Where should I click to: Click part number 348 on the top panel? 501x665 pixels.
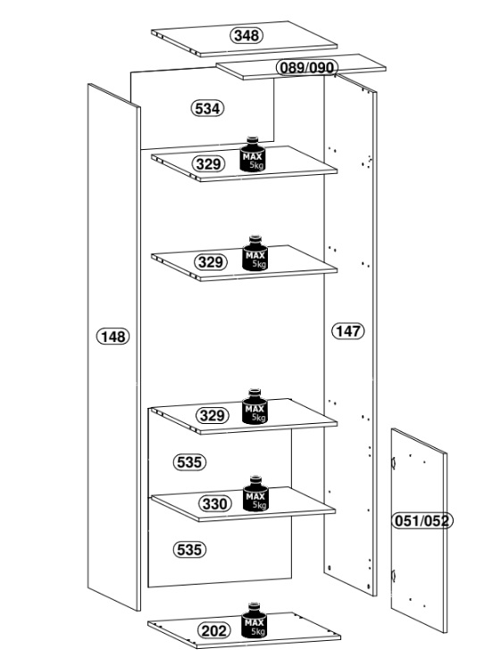pos(246,35)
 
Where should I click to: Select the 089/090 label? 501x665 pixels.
pos(307,67)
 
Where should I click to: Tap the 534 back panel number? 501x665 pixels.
pos(207,109)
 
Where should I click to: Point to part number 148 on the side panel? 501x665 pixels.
pos(113,337)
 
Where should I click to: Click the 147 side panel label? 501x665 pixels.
pos(348,331)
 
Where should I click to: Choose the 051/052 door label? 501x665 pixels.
pos(422,520)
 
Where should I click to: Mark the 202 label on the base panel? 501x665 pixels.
pos(214,631)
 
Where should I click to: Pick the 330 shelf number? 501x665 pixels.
pos(215,503)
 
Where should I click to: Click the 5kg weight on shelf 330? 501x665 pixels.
pos(255,494)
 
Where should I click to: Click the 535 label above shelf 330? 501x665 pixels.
pos(189,461)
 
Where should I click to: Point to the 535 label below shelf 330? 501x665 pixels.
pos(189,550)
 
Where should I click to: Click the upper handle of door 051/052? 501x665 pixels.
pos(393,462)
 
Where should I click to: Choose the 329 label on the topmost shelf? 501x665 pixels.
pos(208,163)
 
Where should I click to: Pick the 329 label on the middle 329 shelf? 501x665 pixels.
pos(211,262)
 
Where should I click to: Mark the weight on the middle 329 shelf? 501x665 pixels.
pos(255,253)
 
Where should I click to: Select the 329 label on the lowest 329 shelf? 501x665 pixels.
pos(213,415)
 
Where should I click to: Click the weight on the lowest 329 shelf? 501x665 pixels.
pos(255,406)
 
